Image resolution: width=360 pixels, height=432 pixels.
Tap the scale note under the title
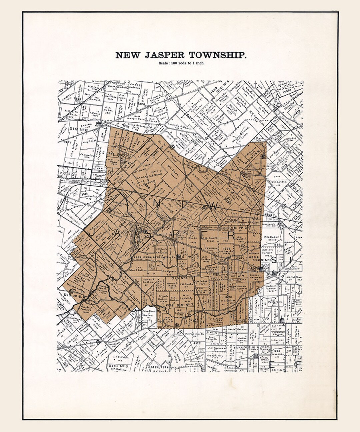click(x=182, y=63)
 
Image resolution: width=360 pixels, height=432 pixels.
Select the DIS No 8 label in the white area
click(x=79, y=129)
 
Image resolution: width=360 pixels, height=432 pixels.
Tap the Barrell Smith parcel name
click(x=194, y=333)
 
